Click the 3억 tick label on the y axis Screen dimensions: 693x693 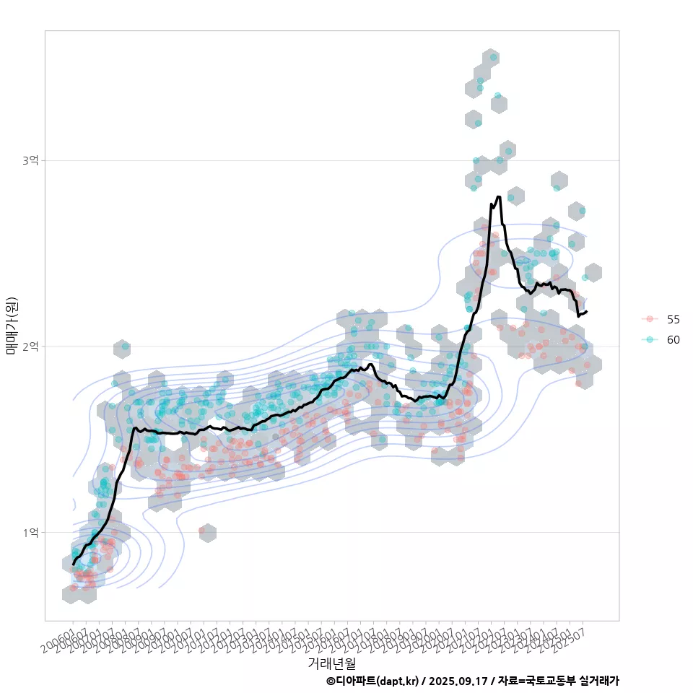click(30, 160)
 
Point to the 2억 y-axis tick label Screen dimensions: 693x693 click(30, 346)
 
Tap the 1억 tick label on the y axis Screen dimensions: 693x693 click(30, 533)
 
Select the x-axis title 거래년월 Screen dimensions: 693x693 click(331, 662)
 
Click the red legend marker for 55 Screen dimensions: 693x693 click(650, 319)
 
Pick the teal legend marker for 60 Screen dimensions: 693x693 click(650, 339)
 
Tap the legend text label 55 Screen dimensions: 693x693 click(673, 319)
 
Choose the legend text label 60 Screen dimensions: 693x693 click(673, 339)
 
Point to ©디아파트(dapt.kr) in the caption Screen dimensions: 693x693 click(372, 681)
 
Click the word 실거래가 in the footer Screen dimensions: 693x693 click(599, 681)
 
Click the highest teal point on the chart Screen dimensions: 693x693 click(494, 56)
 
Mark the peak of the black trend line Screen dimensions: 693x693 click(498, 196)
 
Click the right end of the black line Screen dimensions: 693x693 click(586, 312)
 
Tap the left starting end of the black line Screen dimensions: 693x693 click(73, 564)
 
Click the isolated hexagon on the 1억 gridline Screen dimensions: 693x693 click(207, 533)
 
